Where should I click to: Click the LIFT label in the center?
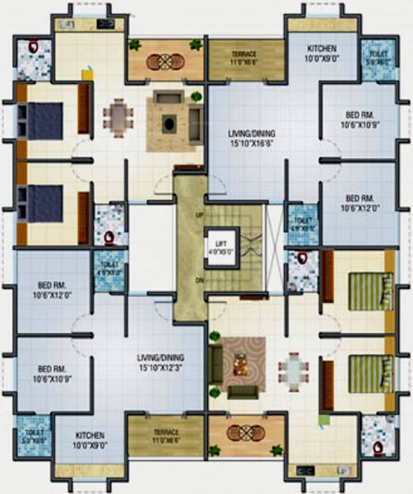click(220, 245)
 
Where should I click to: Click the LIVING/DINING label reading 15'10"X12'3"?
click(160, 363)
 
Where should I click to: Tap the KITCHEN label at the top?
click(322, 54)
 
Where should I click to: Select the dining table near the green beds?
click(293, 372)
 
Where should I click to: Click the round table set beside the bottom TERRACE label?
click(244, 433)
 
